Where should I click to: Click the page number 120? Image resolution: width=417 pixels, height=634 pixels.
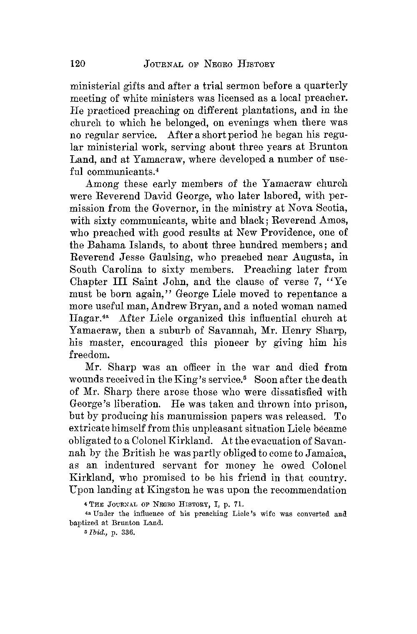(78, 64)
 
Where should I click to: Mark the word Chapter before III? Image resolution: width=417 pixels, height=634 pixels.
(91, 281)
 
